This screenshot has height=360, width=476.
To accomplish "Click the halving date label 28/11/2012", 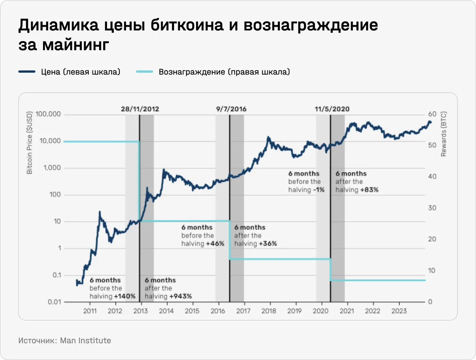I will click(140, 109).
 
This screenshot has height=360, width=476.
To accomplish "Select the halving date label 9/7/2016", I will click(231, 109).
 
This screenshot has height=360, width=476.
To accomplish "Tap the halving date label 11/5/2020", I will click(332, 109).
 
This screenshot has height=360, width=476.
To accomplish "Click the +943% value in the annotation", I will click(180, 296).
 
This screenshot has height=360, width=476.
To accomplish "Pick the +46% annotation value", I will click(215, 244).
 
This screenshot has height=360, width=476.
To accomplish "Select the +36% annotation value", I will click(268, 244).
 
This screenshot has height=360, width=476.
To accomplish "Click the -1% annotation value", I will click(319, 190).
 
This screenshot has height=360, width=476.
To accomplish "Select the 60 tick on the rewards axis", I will click(432, 115).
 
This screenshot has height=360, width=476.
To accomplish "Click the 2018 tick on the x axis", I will click(270, 311).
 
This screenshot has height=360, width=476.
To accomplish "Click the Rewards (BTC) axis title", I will click(444, 134).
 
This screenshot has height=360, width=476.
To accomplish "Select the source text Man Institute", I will click(85, 340).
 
